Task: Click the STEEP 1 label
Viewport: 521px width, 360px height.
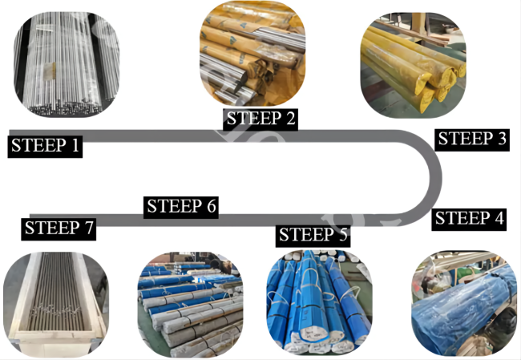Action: point(45,146)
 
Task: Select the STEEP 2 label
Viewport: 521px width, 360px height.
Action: point(260,119)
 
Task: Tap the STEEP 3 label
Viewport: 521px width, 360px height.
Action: point(472,139)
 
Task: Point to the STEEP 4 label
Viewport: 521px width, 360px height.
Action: point(469,219)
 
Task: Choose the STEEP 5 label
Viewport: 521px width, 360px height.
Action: point(313,235)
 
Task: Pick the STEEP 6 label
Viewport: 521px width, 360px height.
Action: point(181,207)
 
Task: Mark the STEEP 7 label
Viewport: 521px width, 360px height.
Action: point(59,229)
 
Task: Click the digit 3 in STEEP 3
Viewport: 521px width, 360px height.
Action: point(502,139)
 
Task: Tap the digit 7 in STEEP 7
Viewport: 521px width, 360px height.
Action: point(89,228)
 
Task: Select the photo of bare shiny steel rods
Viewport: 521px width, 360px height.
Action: point(67,64)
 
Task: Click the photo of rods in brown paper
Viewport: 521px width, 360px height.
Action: point(252,53)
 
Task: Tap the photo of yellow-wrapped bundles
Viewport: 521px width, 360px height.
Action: point(413,65)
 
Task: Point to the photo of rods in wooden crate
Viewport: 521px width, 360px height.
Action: point(56,304)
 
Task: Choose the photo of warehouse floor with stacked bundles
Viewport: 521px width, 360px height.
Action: point(191,305)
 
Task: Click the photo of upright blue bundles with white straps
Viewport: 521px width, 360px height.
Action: point(319,302)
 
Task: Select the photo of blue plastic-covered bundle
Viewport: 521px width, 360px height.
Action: point(464,304)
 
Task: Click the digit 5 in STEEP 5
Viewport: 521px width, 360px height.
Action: point(342,235)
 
